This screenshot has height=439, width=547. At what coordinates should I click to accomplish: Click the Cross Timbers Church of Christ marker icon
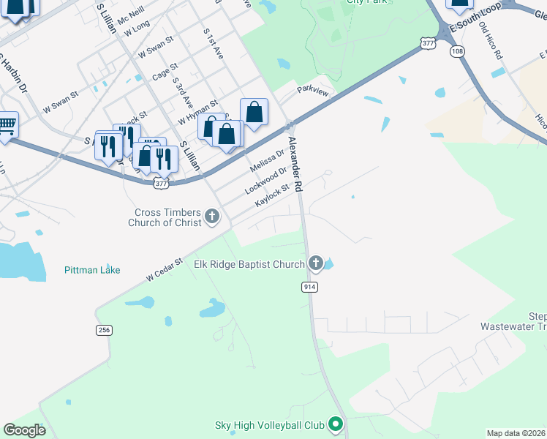[x=212, y=216]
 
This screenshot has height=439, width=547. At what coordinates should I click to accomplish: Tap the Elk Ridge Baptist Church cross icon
[x=316, y=263]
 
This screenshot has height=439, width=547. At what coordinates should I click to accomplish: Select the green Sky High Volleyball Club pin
[x=336, y=424]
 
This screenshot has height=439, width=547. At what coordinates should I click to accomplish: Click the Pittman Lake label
[x=91, y=270]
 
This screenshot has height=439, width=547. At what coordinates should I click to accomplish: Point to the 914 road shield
[x=309, y=288]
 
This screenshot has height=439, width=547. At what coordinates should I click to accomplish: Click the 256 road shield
[x=104, y=330]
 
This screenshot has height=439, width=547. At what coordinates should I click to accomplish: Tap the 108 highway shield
[x=458, y=51]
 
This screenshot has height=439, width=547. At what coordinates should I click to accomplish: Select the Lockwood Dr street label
[x=265, y=180]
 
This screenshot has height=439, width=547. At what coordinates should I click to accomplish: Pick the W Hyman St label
[x=197, y=112]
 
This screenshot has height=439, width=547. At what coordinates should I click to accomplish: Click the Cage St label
[x=165, y=72]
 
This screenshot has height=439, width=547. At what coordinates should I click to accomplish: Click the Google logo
[x=24, y=430]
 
